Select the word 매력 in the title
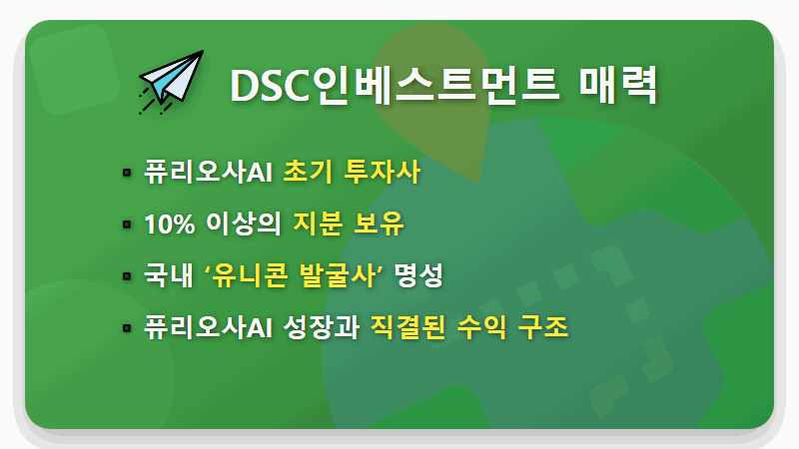pyautogui.click(x=618, y=86)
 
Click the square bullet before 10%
pyautogui.click(x=127, y=224)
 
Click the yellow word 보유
pyautogui.click(x=379, y=224)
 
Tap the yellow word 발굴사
pyautogui.click(x=343, y=275)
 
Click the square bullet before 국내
pyautogui.click(x=127, y=275)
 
